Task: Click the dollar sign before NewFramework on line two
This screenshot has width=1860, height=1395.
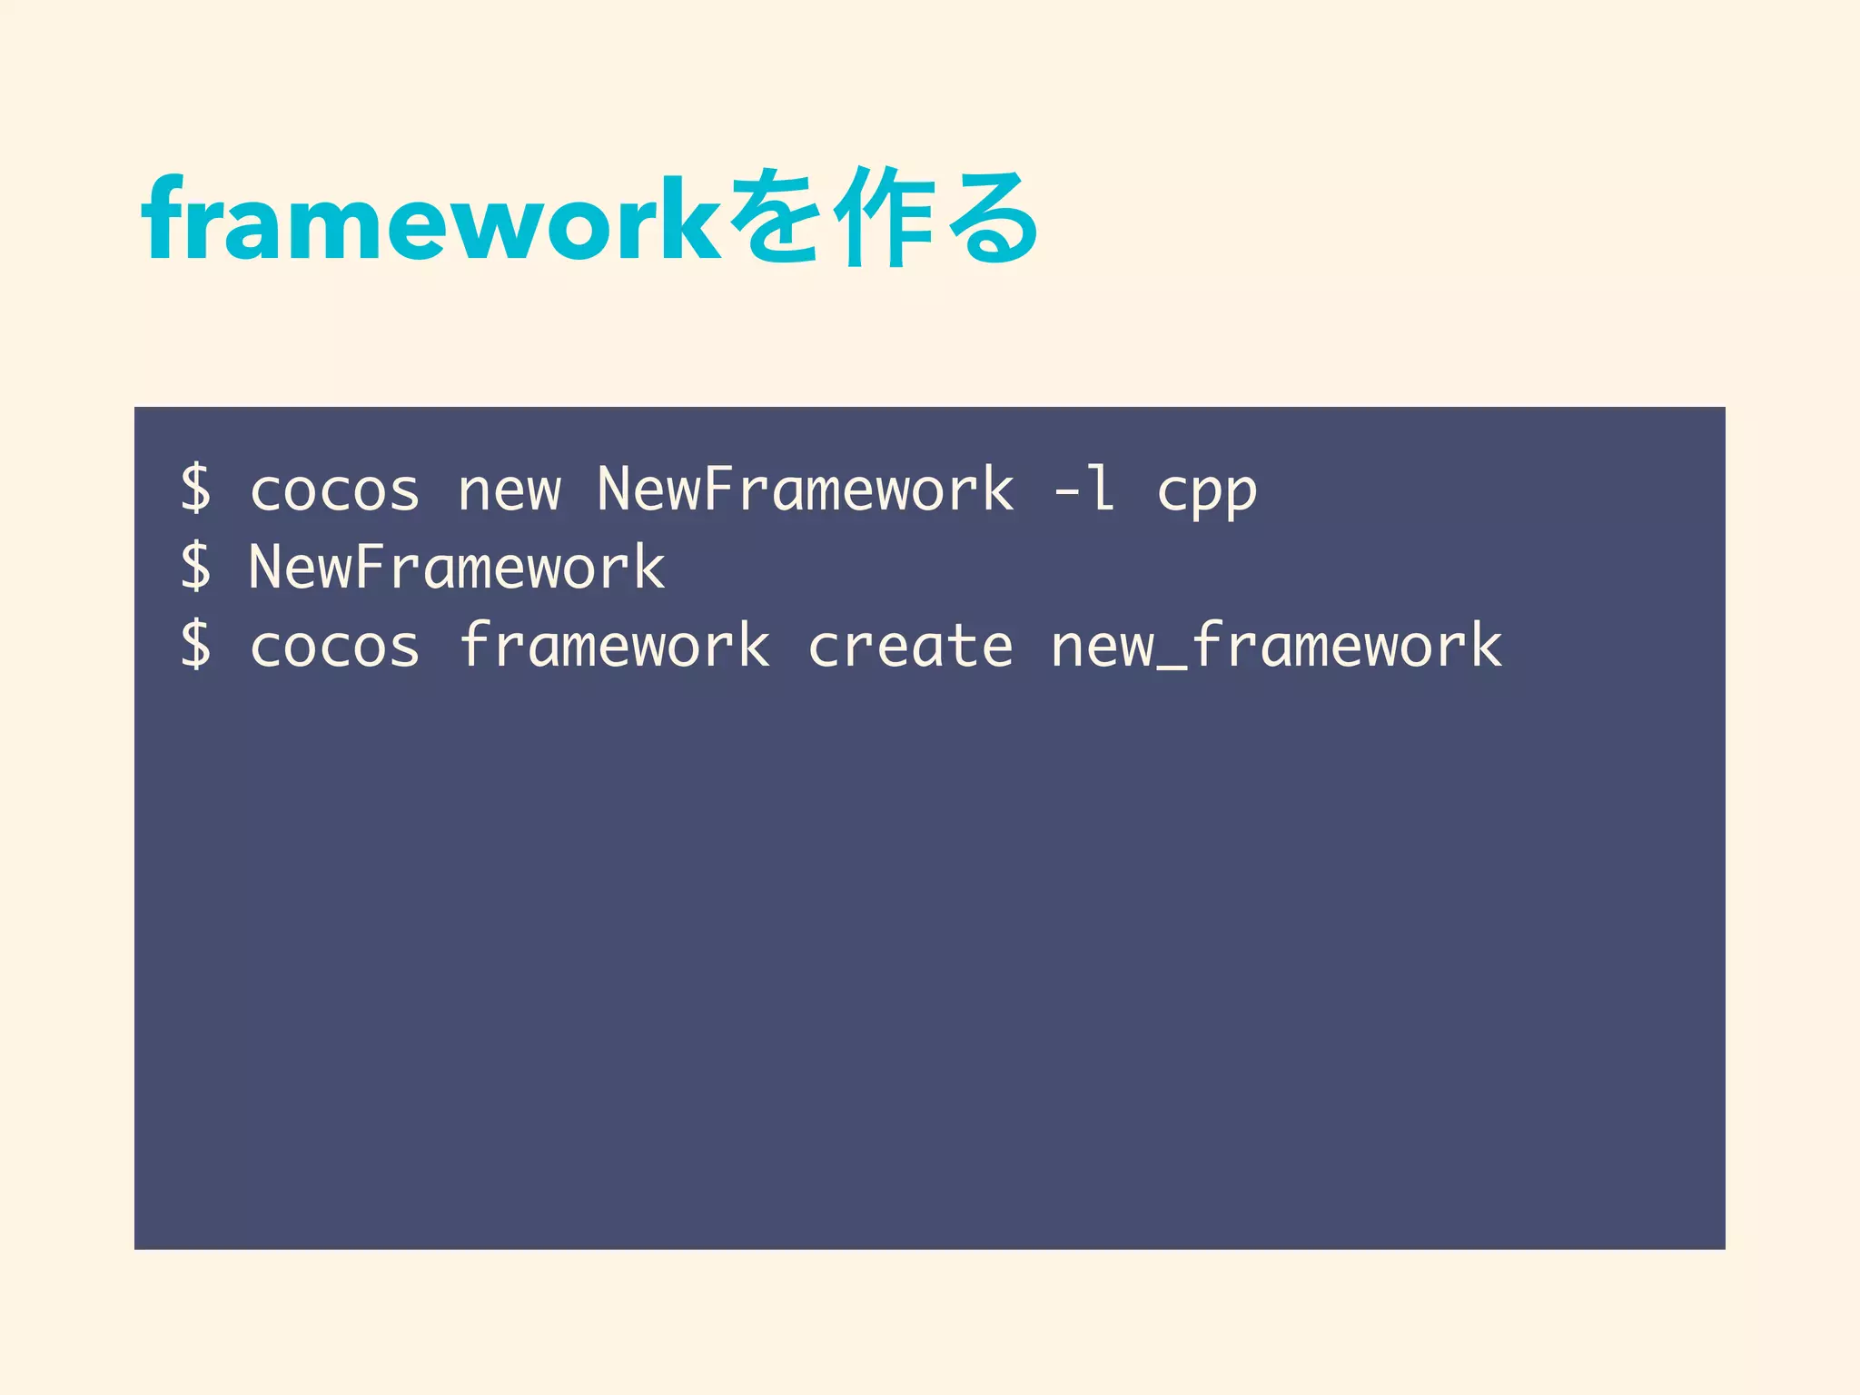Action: [195, 567]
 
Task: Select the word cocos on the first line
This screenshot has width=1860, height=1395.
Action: [334, 491]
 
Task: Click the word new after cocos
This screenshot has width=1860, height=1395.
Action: [510, 491]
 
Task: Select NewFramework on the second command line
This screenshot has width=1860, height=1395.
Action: [457, 567]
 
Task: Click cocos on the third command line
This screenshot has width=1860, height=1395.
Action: [334, 648]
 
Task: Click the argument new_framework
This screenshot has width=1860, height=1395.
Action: [1276, 647]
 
